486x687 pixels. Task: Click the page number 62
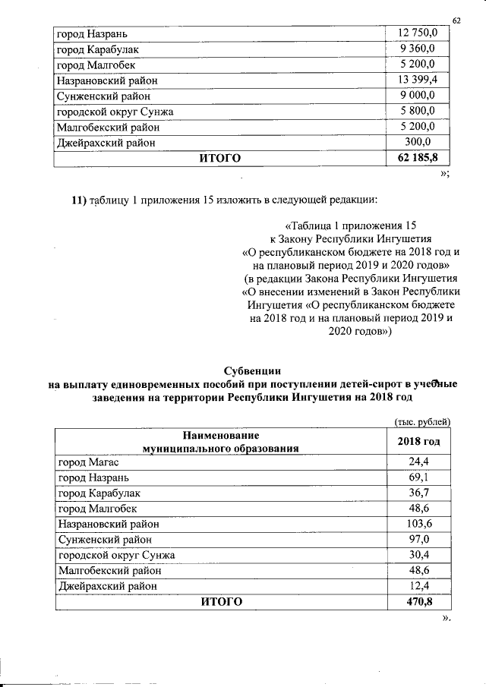(x=456, y=19)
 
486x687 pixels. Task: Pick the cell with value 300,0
(x=418, y=142)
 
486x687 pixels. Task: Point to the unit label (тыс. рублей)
(x=422, y=421)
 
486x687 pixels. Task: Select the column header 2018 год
(x=418, y=442)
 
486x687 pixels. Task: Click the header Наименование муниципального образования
(x=220, y=442)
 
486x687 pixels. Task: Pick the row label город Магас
(x=89, y=462)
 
